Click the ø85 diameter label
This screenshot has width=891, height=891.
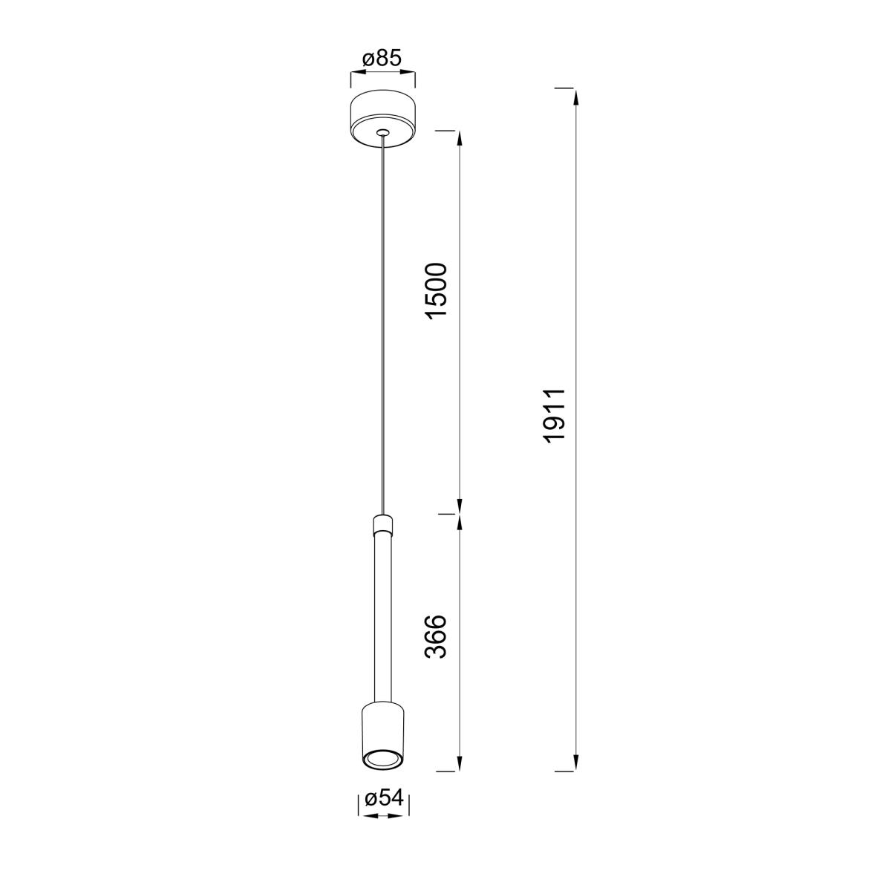click(x=382, y=59)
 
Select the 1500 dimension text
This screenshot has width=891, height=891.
click(x=437, y=291)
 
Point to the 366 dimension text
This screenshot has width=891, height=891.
click(x=437, y=636)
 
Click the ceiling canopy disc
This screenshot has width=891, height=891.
click(x=382, y=117)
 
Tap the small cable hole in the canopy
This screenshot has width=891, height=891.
click(x=382, y=133)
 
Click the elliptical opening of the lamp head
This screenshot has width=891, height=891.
click(x=383, y=757)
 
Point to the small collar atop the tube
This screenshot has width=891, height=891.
click(x=383, y=523)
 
